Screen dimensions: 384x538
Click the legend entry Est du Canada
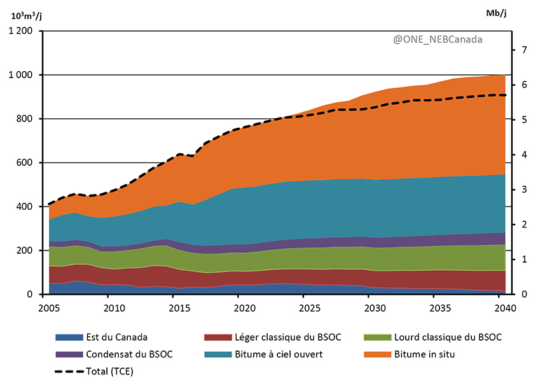(112, 337)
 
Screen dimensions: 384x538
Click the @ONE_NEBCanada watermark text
(438, 39)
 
